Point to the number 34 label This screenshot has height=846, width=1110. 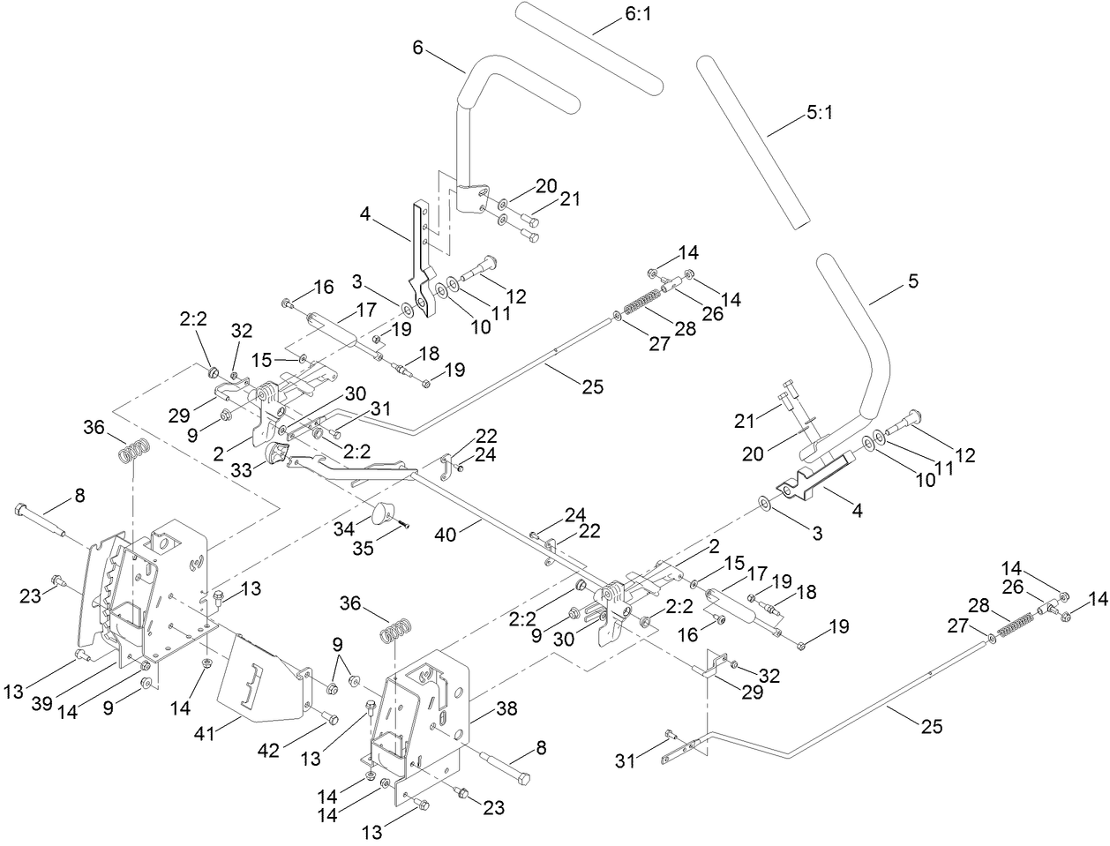coord(359,527)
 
